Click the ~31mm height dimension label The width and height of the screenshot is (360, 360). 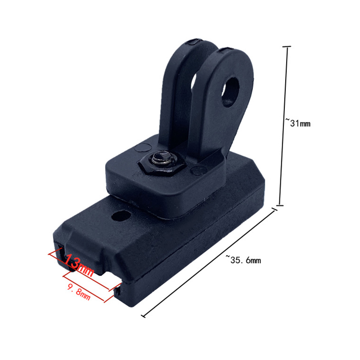coord(298,123)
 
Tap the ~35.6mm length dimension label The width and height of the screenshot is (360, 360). coord(243,260)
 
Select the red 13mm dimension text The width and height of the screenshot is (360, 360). coord(78,265)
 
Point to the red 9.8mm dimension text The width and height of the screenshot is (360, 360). coord(79,292)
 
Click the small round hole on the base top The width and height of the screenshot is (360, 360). coord(121,216)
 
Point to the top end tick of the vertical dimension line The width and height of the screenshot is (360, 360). coord(287,47)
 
